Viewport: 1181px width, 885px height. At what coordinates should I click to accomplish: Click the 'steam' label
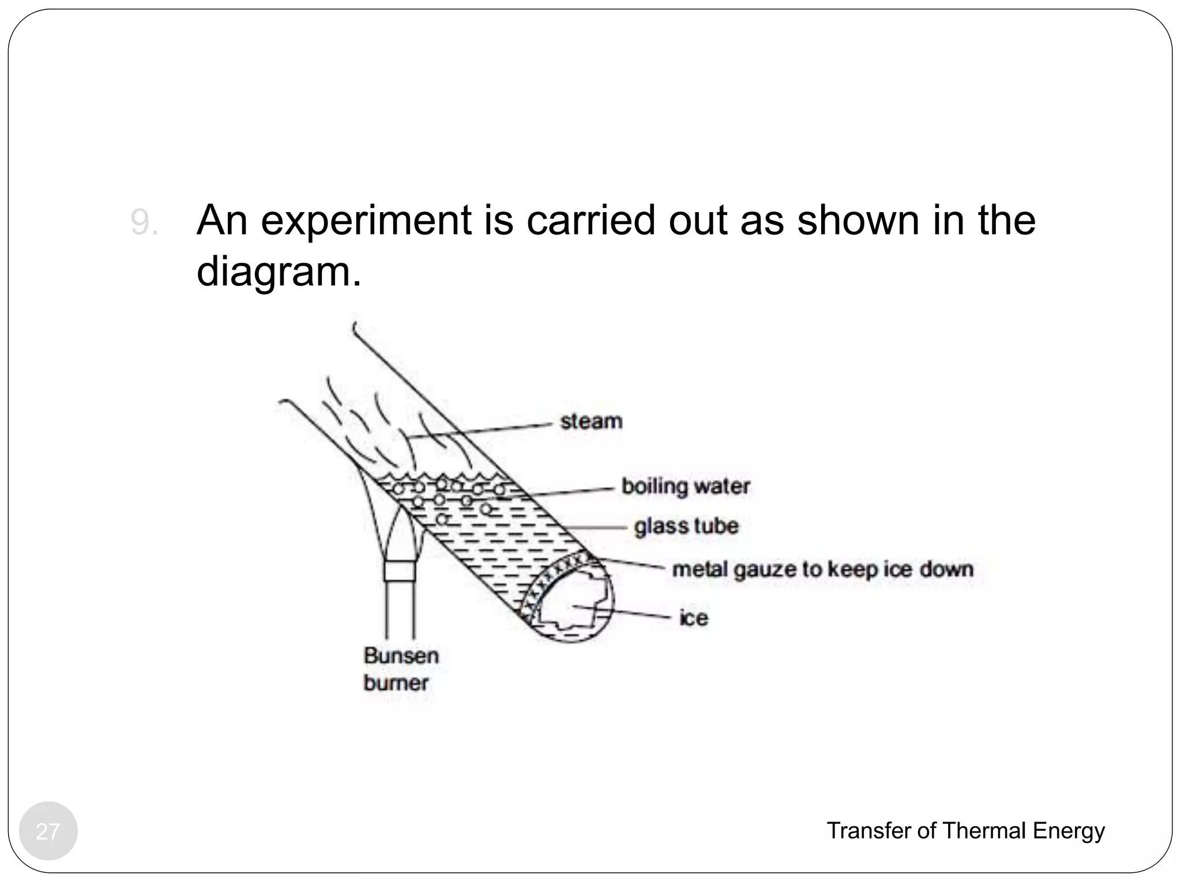pos(591,421)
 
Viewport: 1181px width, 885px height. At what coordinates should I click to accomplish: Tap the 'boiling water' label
pos(685,486)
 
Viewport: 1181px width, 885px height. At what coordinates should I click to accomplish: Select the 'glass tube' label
pos(686,526)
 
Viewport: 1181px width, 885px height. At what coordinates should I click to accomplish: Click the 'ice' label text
pos(694,618)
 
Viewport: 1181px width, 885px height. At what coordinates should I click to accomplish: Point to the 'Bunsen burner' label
pos(401,669)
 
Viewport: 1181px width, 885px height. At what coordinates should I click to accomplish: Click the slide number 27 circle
pos(48,831)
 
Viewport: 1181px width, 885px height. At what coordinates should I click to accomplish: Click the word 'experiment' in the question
pos(366,221)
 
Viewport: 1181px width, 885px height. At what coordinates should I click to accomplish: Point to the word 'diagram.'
pos(279,271)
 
